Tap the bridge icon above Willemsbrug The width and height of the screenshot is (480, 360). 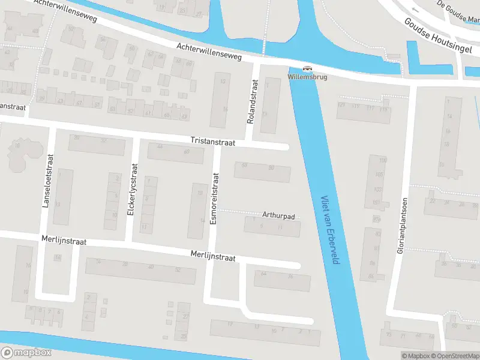307,68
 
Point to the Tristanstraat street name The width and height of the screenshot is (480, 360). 213,140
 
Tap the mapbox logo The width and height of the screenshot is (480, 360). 26,352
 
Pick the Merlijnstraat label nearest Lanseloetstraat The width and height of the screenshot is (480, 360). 64,241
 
